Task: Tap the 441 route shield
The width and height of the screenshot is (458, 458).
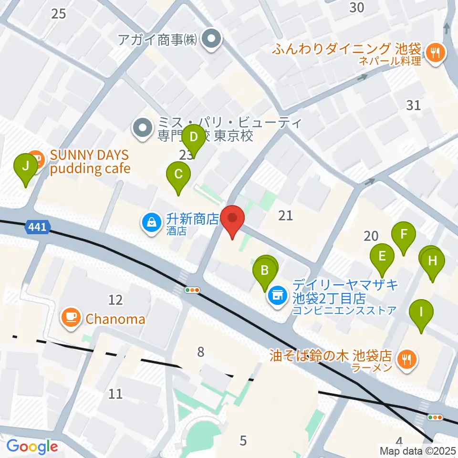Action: (x=37, y=228)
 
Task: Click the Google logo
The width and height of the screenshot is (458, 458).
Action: (x=32, y=447)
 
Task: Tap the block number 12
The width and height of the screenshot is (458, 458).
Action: (x=115, y=300)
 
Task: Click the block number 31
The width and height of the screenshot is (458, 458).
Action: (x=413, y=105)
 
